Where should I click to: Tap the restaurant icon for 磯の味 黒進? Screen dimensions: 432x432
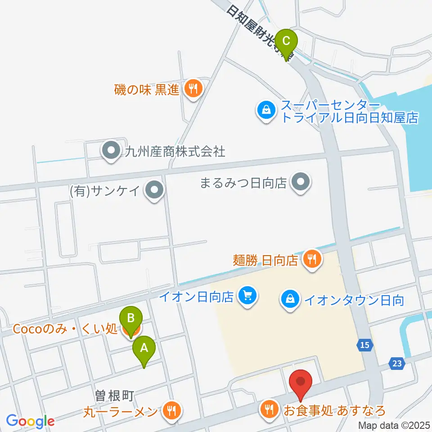[x=193, y=89]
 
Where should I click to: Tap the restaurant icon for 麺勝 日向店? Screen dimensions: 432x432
[x=311, y=259]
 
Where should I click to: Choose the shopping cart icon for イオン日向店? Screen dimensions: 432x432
[x=247, y=296]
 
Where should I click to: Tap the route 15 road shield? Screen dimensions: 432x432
[x=366, y=345]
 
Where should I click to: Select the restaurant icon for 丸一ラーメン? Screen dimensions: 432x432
[x=171, y=410]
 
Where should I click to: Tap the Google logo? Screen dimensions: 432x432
[x=31, y=421]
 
